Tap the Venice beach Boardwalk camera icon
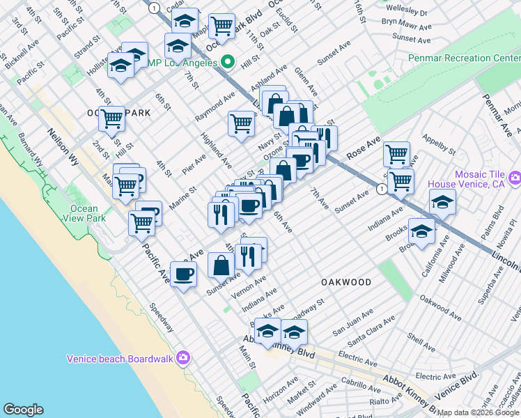pyautogui.click(x=182, y=358)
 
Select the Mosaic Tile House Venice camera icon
pyautogui.click(x=514, y=179)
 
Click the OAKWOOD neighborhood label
pyautogui.click(x=346, y=281)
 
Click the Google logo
pyautogui.click(x=23, y=410)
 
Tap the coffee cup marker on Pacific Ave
pyautogui.click(x=183, y=275)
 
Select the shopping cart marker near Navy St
pyautogui.click(x=241, y=124)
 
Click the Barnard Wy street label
pyautogui.click(x=31, y=146)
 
